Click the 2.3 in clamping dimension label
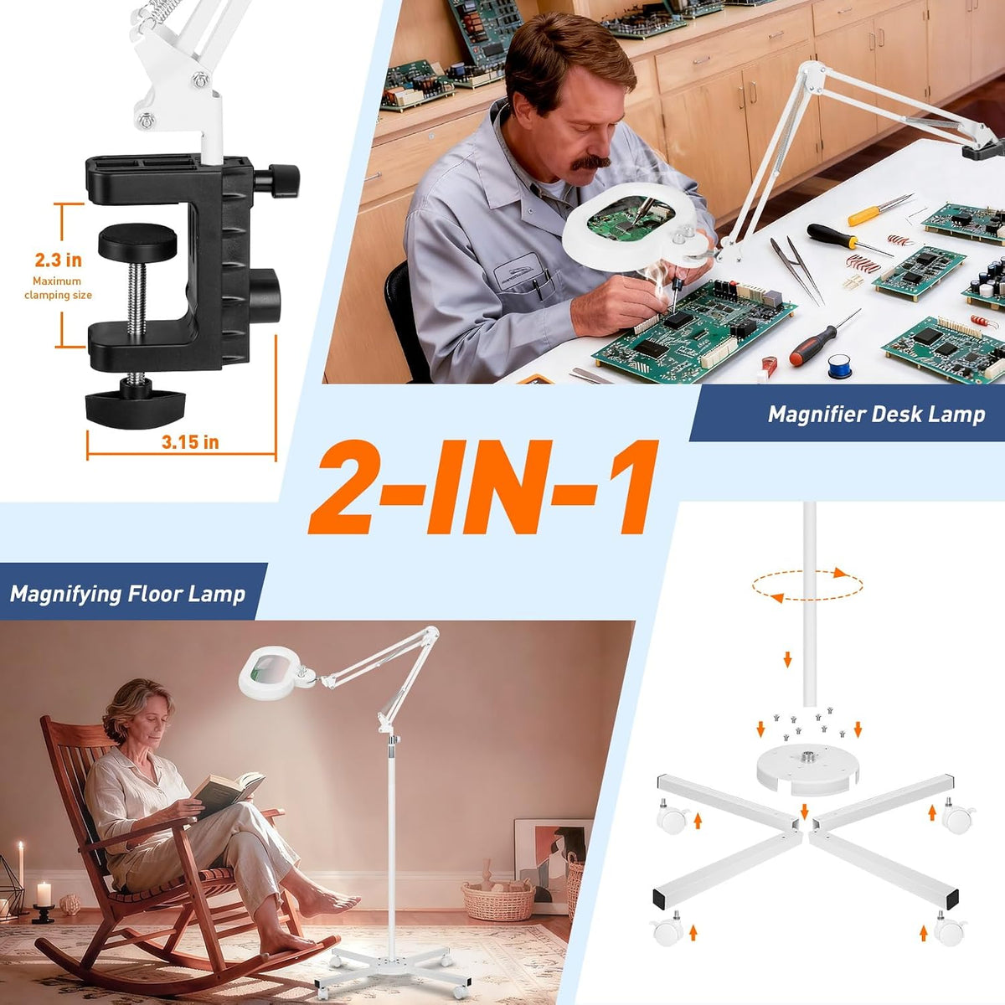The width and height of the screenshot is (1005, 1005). (x=59, y=260)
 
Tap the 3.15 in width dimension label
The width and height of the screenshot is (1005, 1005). (x=190, y=442)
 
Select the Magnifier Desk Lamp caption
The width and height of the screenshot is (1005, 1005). (x=877, y=415)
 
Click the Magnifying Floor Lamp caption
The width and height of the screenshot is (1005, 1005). (x=127, y=594)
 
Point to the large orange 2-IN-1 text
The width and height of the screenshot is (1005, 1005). (x=482, y=487)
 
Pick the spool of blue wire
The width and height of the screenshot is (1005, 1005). (x=840, y=365)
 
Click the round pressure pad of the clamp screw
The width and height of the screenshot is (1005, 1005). (x=137, y=243)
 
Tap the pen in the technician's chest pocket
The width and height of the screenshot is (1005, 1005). (x=536, y=288)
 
